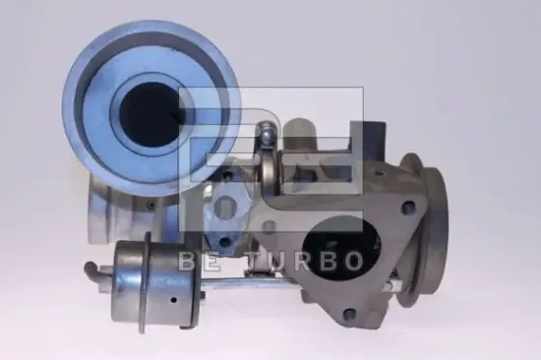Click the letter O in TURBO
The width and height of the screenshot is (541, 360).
click(x=351, y=260)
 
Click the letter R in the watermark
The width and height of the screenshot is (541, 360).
click(x=303, y=260)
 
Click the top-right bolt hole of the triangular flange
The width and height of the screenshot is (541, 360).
click(x=408, y=207)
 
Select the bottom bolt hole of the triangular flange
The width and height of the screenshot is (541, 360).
click(x=350, y=315)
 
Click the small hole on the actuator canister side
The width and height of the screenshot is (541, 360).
click(x=174, y=299)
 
